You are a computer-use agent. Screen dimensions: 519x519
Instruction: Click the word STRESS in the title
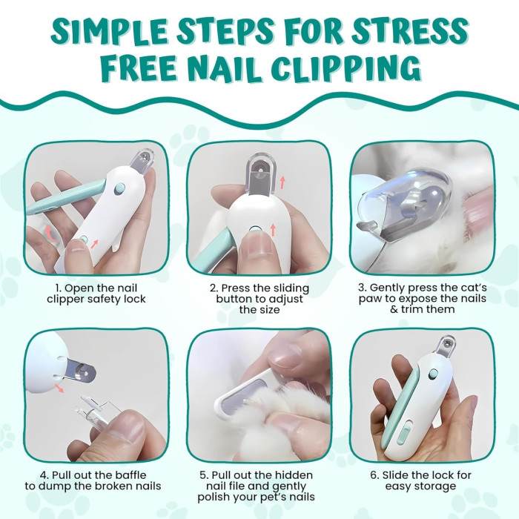coord(409,32)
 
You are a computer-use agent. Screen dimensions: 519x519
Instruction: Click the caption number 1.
coord(59,288)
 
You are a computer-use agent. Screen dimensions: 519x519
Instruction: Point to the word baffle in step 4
coord(130,475)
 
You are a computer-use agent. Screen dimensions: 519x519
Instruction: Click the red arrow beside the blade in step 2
coord(282,182)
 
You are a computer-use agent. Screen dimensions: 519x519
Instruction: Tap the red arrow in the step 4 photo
coord(59,388)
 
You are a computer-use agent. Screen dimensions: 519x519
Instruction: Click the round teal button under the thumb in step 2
coord(255,229)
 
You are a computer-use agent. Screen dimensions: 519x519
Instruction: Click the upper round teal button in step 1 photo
coord(119,189)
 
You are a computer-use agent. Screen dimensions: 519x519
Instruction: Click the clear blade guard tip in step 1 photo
coord(143,161)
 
